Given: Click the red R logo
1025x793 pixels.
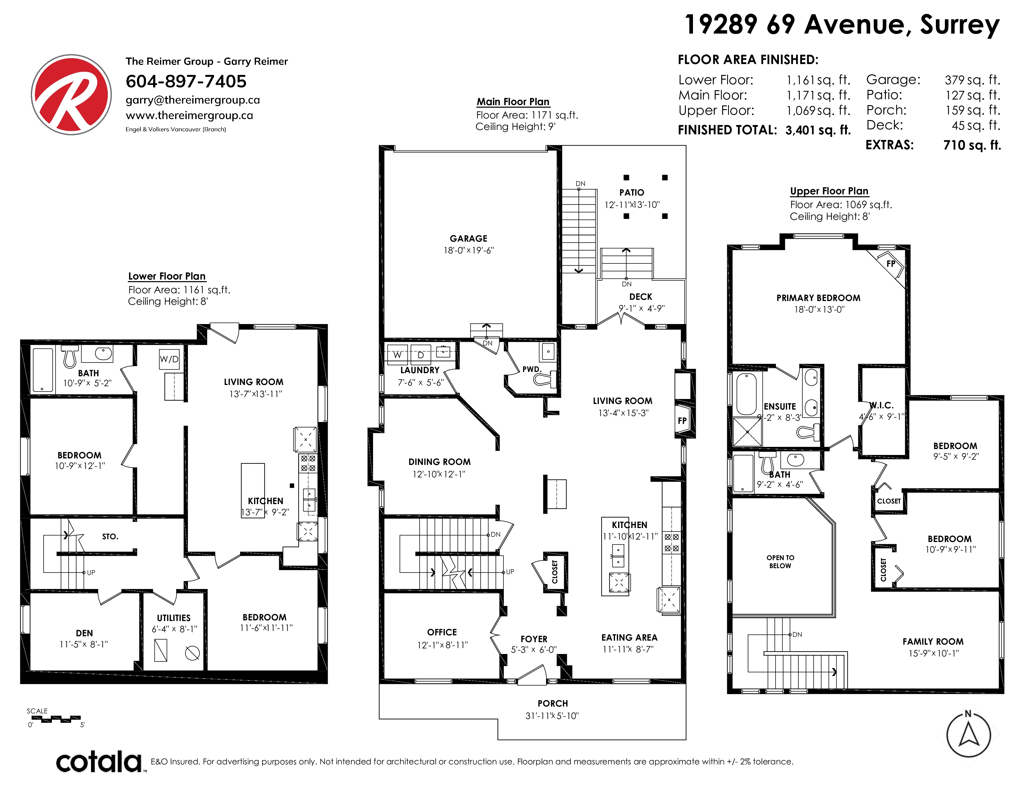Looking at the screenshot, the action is pyautogui.click(x=71, y=95).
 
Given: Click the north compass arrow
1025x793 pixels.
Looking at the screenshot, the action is pyautogui.click(x=968, y=734).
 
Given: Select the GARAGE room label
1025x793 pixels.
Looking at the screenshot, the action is pyautogui.click(x=468, y=239).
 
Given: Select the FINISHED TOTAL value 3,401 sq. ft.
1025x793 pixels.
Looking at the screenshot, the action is pyautogui.click(x=818, y=130).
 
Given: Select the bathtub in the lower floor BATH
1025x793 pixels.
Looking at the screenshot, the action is pyautogui.click(x=43, y=370).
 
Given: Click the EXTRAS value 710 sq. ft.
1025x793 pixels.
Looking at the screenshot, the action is pyautogui.click(x=972, y=145).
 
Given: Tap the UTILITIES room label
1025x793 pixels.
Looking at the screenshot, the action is pyautogui.click(x=174, y=618).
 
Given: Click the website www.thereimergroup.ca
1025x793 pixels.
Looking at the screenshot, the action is pyautogui.click(x=189, y=116).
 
